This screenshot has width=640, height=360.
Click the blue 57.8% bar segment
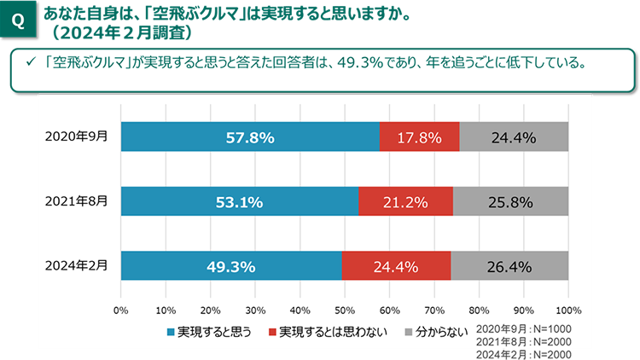249,136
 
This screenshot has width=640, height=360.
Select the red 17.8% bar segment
419,136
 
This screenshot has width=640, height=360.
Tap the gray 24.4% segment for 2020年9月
513,136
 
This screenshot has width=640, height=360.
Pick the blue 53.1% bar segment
239,201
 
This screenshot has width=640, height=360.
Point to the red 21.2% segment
405,201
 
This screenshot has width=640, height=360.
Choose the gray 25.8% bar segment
510,201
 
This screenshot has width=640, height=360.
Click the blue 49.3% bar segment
231,266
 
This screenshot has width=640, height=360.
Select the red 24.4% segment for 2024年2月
396,266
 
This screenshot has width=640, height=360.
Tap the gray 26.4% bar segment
509,266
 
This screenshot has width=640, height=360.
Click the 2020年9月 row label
78,136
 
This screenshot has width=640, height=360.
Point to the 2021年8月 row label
78,201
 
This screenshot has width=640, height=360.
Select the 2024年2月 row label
78,266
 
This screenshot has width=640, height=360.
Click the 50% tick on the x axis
344,310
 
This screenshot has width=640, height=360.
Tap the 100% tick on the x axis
567,310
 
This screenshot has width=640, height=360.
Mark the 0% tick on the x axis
121,310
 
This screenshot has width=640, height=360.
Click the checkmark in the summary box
28,63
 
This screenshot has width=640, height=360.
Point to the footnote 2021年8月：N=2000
523,341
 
